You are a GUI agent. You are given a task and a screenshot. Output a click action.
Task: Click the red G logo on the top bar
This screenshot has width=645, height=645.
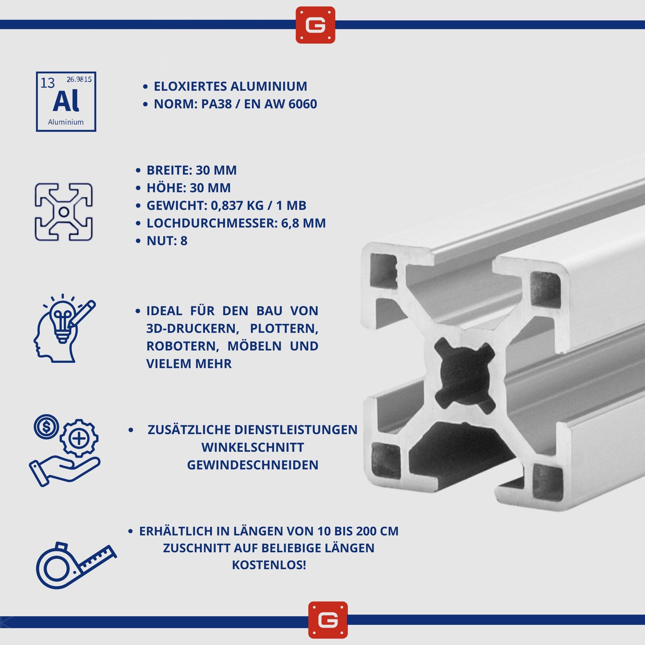(x=315, y=25)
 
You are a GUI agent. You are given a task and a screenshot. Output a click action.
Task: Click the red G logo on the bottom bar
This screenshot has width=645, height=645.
(x=328, y=620)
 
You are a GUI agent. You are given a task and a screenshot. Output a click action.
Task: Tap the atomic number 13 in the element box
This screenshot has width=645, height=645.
(x=47, y=83)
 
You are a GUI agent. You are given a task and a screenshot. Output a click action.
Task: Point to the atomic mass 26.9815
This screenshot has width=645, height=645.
(x=79, y=79)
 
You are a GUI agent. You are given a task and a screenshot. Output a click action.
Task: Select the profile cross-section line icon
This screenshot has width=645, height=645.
(x=63, y=212)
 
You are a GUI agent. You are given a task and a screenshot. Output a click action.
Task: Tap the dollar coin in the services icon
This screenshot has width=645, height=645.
(x=46, y=426)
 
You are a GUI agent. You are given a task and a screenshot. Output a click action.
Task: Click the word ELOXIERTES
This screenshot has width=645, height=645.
(x=190, y=86)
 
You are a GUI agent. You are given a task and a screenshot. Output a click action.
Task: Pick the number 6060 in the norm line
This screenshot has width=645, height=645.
(x=303, y=104)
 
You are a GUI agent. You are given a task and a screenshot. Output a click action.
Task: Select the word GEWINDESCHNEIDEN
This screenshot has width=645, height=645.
(x=253, y=465)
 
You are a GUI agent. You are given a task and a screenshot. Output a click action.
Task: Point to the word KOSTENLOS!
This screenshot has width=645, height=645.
(x=269, y=565)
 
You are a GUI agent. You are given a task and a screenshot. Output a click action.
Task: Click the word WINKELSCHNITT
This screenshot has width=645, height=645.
(x=253, y=447)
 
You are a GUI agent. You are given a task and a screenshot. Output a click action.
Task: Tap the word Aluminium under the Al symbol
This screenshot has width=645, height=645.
(x=66, y=122)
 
